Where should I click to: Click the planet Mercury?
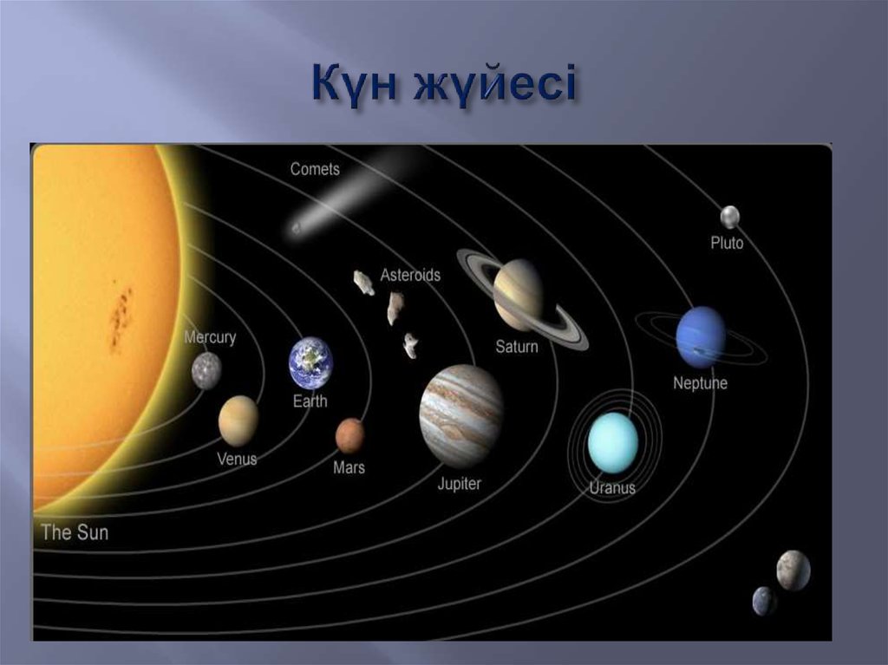[206, 370]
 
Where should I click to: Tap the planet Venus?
[238, 421]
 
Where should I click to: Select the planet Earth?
[310, 362]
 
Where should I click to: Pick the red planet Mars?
[349, 435]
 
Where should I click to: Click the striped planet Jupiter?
[461, 415]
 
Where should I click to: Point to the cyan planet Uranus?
[613, 442]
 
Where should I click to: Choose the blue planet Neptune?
[701, 336]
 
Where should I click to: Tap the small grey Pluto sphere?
[729, 216]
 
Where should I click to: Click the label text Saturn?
[517, 347]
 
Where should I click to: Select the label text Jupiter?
[459, 484]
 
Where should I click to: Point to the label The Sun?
[75, 531]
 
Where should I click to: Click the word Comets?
[315, 169]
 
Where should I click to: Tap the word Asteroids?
[410, 275]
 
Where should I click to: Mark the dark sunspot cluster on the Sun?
[121, 317]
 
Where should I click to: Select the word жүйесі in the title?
[493, 87]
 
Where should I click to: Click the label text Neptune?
[701, 382]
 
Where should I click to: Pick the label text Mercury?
[210, 337]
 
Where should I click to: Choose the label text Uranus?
[612, 487]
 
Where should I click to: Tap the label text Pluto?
[727, 243]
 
